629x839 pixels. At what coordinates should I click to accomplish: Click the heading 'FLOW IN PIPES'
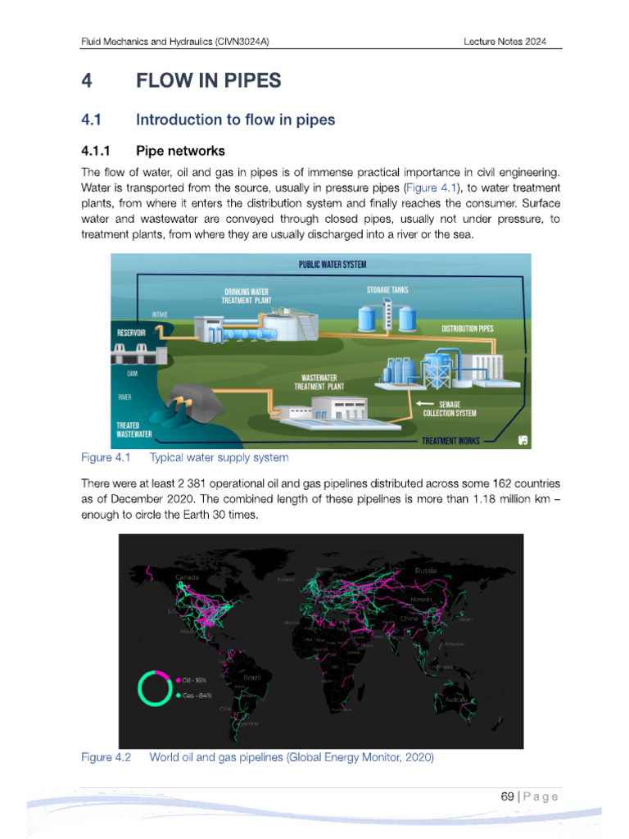208,80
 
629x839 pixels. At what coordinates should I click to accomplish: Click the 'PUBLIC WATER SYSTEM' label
332,265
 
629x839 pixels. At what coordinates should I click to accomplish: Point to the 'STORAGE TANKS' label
387,289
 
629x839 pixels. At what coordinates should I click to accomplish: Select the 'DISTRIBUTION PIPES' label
468,329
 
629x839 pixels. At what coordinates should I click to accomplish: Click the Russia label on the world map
426,570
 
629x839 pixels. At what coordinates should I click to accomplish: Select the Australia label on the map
455,700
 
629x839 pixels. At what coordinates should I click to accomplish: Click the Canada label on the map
188,578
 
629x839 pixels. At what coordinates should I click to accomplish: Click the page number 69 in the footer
508,796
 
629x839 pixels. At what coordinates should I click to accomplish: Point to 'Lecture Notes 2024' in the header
504,42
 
